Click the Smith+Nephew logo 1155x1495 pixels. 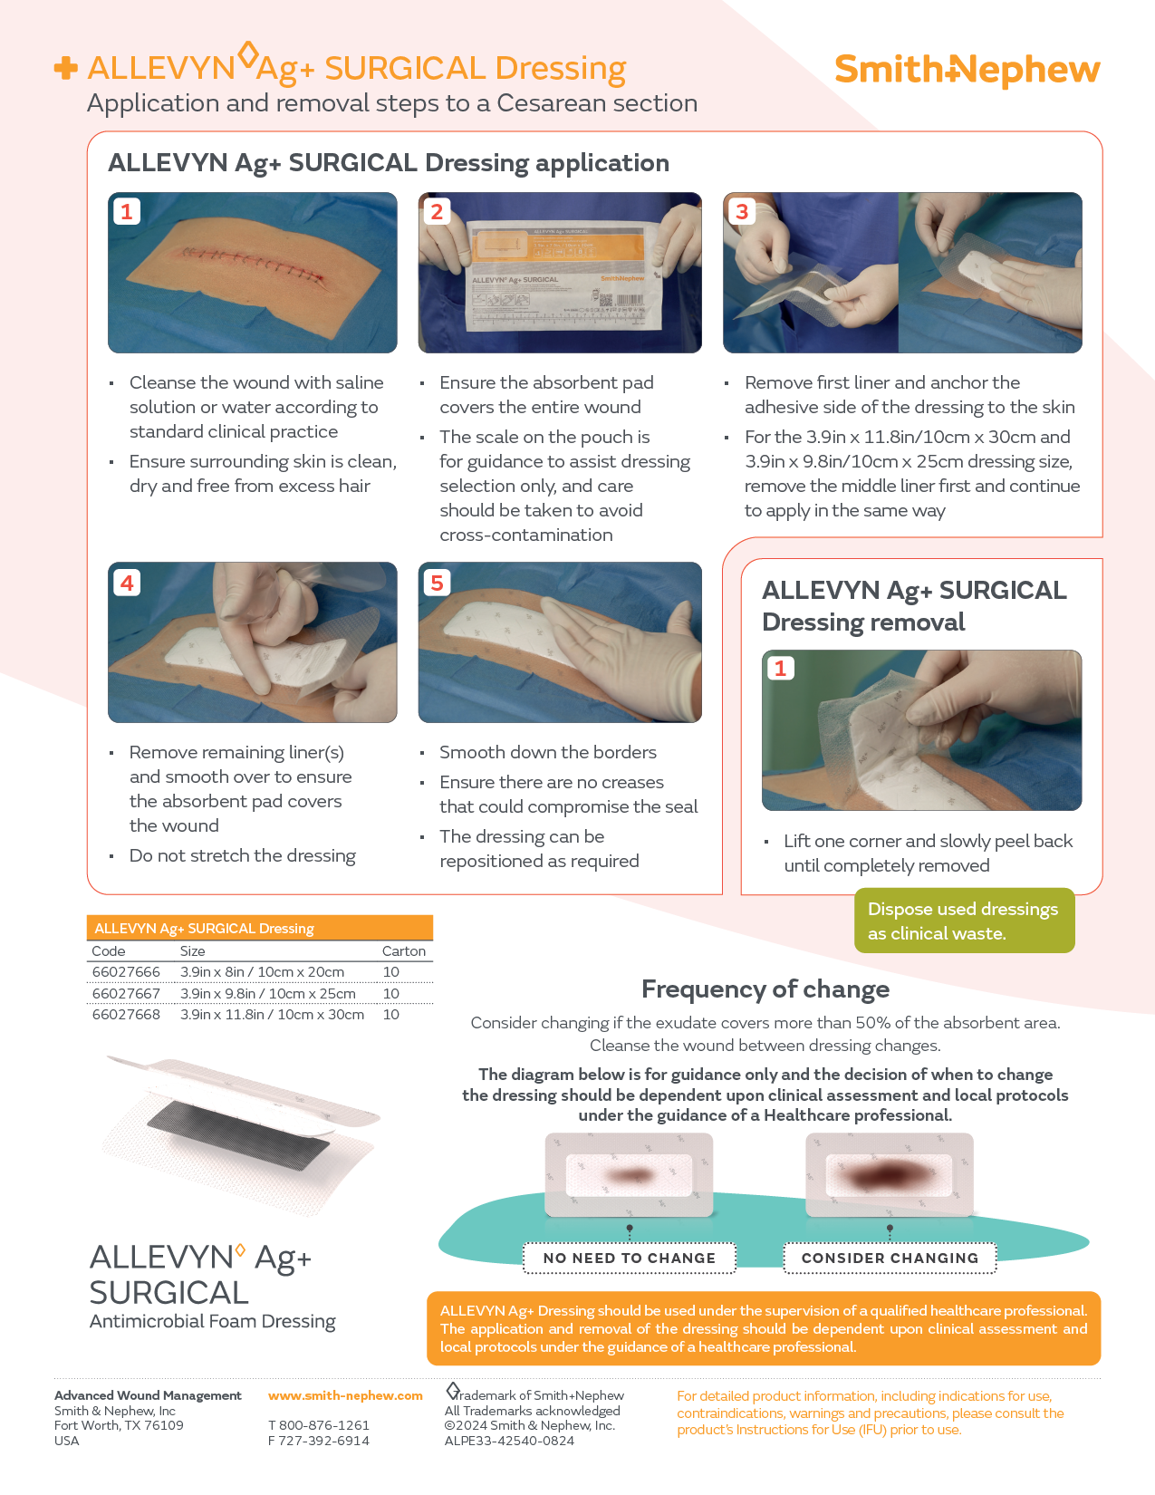point(967,70)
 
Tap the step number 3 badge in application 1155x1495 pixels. point(742,212)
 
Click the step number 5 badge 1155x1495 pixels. point(437,583)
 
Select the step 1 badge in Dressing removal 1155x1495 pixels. point(780,669)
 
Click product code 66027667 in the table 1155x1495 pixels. point(126,993)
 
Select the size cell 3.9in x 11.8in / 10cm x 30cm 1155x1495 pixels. point(272,1015)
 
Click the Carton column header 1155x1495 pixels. point(403,951)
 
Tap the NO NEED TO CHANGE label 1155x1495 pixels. point(629,1258)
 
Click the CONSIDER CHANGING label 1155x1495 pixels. point(890,1258)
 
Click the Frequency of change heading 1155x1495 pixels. point(765,989)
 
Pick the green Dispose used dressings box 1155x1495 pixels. point(964,921)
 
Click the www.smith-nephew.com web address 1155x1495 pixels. point(345,1395)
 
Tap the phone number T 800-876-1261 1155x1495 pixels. point(319,1425)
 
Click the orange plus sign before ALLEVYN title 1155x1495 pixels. point(65,69)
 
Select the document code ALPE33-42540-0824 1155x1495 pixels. point(509,1441)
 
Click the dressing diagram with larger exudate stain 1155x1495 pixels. point(889,1175)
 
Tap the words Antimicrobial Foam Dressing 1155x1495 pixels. point(212,1321)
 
